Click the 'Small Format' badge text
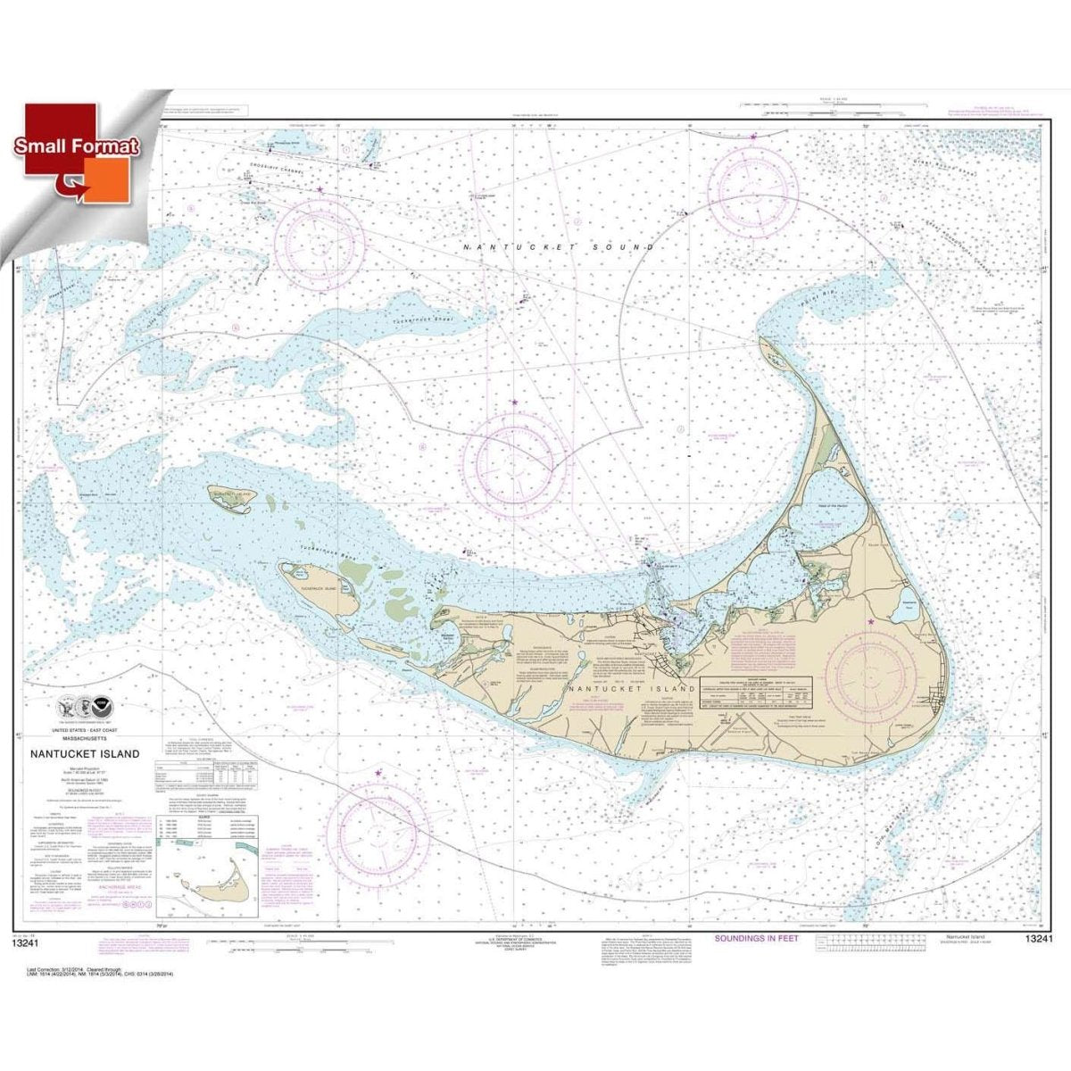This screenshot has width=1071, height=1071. (77, 146)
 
